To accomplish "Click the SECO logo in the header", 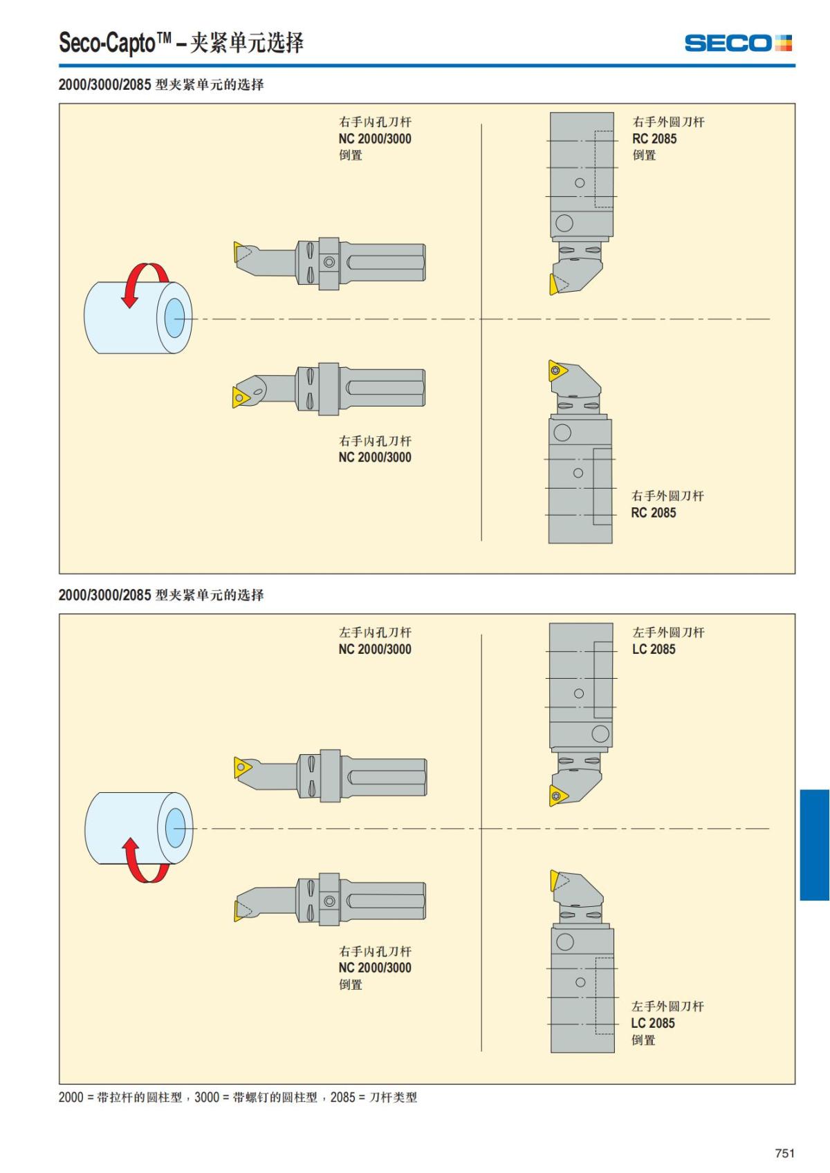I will pos(738,43).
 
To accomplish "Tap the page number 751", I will pos(784,1152).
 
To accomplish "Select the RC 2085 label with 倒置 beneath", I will pos(654,138).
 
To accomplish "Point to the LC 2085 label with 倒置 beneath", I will pos(652,1023).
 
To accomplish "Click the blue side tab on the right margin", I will pos(814,845).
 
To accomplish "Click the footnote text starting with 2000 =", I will pos(237,1097).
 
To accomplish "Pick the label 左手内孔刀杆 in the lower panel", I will pos(375,632).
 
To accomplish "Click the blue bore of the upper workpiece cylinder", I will pos(174,318).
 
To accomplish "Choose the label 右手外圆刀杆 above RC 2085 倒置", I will pos(668,122).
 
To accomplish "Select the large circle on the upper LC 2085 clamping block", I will pos(600,733).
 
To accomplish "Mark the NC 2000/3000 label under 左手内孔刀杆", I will pos(375,649).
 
